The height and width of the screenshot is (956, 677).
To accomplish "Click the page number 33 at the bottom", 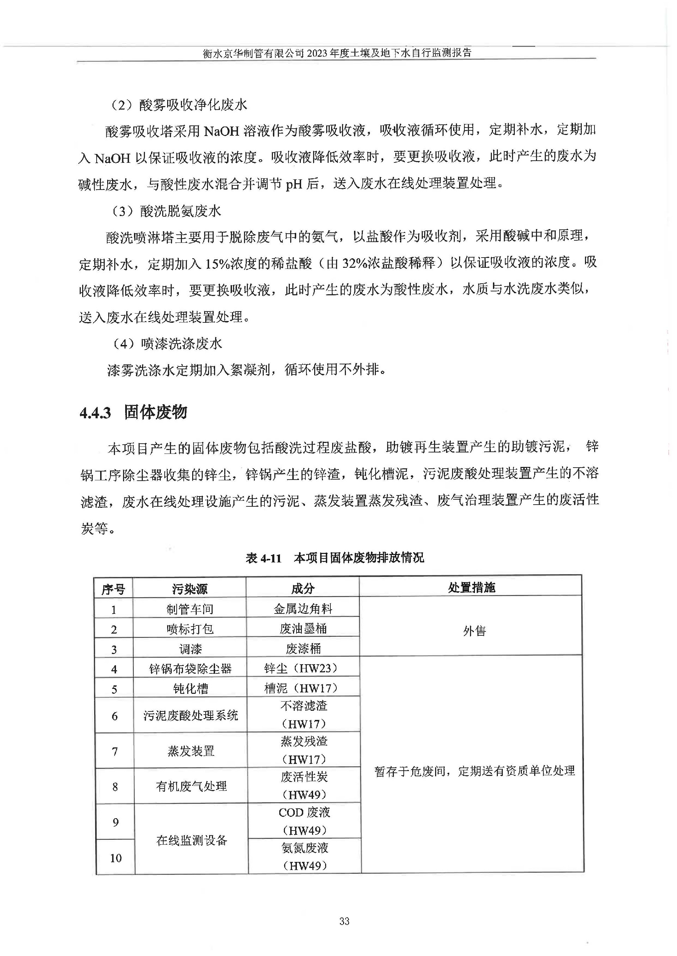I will point(344,921).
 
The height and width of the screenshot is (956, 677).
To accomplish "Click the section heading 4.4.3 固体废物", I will point(133,412).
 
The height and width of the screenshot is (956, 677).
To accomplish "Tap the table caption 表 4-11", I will point(263,558).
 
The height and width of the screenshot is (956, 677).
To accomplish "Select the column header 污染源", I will point(190,588).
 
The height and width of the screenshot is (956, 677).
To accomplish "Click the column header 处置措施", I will point(471,588).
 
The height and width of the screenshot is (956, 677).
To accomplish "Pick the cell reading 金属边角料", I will point(303,609).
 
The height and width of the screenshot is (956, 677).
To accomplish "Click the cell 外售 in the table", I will point(474,631).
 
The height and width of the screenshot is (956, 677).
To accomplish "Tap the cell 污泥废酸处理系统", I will point(190,716).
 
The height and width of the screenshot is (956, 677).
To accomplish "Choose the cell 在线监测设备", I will point(192,840).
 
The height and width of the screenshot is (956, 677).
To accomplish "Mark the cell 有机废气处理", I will point(191,786).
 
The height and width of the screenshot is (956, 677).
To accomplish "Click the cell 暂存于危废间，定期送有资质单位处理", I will point(474,771).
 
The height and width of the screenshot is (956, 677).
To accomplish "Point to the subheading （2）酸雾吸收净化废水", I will point(179,105).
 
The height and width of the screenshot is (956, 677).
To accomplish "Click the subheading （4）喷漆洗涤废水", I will point(167,344).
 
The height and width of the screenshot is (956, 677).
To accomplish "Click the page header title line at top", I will point(337,53).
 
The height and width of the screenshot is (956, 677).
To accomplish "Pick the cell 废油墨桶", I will point(303,629).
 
